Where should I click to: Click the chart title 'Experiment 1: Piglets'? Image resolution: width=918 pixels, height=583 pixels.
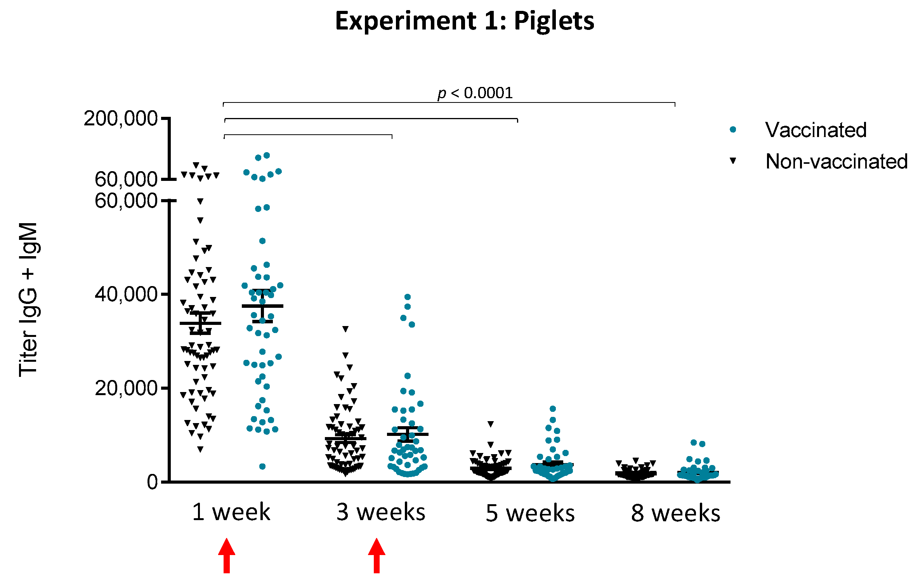tap(464, 21)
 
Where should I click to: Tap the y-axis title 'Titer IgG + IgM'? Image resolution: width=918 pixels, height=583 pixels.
tap(28, 299)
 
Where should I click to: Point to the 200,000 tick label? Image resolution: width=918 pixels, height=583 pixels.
tap(120, 118)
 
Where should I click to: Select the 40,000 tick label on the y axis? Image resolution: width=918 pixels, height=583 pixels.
tap(126, 294)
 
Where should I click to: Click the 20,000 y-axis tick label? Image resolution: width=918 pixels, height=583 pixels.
tap(126, 388)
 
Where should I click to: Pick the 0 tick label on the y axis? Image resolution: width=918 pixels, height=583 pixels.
tap(152, 482)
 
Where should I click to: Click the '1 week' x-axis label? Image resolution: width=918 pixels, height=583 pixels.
tap(231, 512)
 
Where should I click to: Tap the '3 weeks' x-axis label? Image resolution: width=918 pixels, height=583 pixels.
tap(381, 512)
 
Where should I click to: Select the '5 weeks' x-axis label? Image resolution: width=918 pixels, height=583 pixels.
tap(530, 513)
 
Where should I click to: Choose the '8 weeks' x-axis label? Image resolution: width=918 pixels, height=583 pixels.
tap(675, 513)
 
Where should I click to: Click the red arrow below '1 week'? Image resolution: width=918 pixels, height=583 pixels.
tap(227, 555)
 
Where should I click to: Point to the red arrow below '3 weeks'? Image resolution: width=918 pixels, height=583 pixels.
tap(377, 555)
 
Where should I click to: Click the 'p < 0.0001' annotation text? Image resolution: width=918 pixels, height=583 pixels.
tap(475, 93)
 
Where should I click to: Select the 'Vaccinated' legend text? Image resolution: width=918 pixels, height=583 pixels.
tap(816, 130)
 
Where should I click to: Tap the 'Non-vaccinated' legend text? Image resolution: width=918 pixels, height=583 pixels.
tap(836, 161)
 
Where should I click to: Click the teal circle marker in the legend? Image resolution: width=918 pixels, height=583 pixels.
tap(733, 130)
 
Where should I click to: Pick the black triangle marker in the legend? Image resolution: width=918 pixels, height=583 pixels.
tap(733, 160)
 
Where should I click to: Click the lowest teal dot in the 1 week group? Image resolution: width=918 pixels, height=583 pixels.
tap(262, 466)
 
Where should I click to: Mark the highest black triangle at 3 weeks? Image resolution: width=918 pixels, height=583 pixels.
tap(345, 329)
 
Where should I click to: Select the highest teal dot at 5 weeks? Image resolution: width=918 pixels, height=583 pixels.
tap(553, 409)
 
